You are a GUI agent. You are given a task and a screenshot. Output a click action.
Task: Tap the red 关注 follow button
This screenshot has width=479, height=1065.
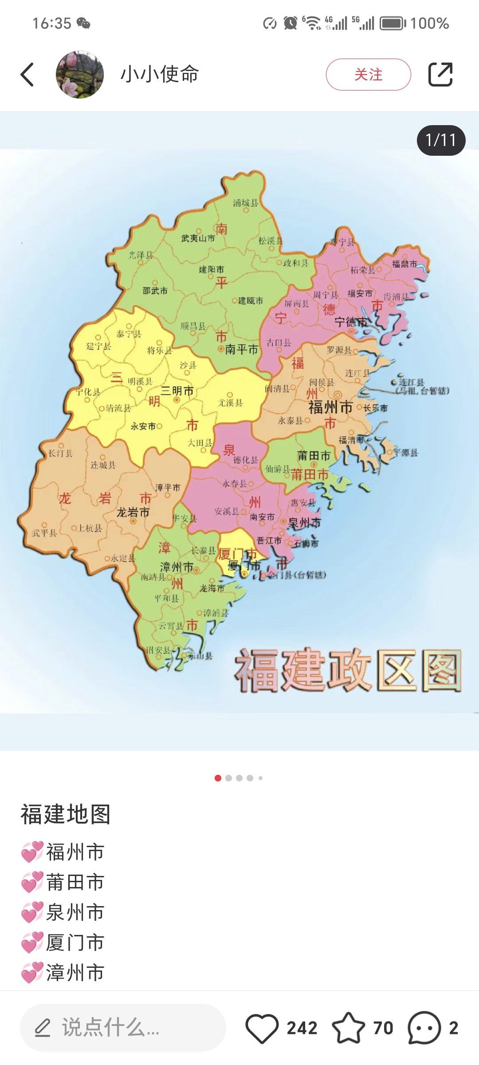368,75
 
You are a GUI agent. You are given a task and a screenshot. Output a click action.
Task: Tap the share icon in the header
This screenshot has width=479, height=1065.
440,75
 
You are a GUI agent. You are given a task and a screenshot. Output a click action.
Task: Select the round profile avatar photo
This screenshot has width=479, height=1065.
80,75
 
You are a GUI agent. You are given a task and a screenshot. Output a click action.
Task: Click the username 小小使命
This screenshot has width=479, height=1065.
160,74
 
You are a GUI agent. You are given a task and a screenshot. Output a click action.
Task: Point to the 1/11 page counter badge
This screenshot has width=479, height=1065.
441,140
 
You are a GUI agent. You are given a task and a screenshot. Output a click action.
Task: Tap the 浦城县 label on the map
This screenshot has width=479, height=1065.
245,203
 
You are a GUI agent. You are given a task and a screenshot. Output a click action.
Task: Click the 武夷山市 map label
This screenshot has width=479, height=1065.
198,238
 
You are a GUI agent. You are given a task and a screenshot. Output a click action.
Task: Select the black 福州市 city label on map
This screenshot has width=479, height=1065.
330,407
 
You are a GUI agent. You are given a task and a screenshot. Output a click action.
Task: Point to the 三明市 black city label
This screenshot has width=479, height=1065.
177,391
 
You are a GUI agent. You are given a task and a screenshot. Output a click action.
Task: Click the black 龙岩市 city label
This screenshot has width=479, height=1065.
133,513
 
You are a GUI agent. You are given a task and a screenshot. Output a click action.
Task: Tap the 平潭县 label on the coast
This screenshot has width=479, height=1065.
406,453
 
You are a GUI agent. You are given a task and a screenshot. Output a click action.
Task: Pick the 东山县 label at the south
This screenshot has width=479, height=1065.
200,655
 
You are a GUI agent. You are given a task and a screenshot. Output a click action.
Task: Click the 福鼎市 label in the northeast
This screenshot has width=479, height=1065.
404,264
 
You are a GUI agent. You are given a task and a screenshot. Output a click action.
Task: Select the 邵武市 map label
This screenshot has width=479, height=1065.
155,291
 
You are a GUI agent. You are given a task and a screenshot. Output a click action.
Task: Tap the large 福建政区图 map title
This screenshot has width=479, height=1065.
348,671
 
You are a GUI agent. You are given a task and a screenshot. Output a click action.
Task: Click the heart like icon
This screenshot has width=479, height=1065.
262,1028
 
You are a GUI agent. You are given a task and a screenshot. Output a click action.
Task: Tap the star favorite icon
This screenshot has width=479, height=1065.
348,1028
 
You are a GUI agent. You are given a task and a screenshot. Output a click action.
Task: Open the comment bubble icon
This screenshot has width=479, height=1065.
424,1028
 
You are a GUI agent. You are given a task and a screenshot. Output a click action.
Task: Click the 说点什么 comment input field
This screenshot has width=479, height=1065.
123,1028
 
